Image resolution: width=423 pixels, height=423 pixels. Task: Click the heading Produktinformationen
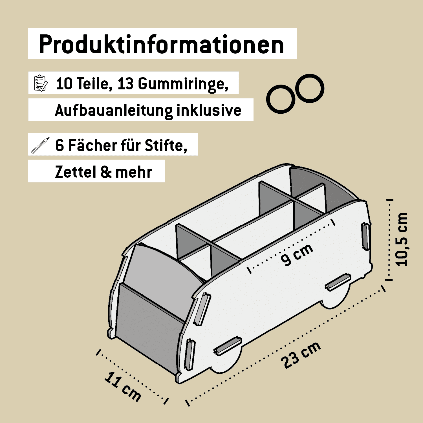[162, 44]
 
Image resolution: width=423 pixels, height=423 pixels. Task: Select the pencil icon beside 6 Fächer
[40, 145]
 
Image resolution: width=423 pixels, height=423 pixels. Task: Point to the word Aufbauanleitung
[114, 110]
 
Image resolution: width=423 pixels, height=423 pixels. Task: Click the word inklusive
[209, 110]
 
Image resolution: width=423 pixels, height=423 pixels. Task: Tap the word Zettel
[76, 172]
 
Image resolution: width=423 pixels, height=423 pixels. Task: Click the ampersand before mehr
[106, 172]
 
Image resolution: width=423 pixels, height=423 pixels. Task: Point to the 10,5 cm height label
[402, 239]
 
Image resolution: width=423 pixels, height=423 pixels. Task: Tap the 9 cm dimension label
[297, 254]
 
